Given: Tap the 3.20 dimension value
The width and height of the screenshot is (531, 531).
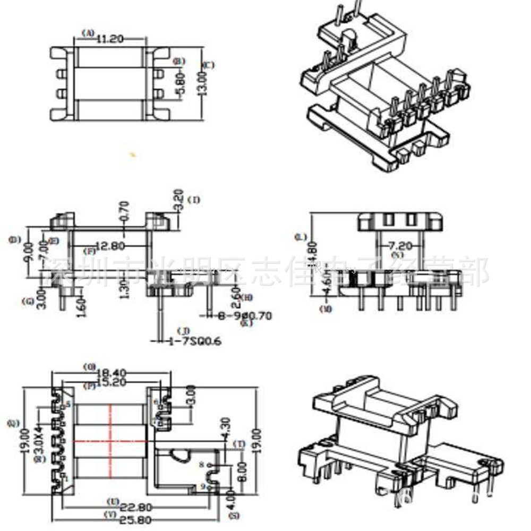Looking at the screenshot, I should click(179, 200).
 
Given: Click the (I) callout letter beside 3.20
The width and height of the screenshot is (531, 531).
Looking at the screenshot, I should click(195, 200).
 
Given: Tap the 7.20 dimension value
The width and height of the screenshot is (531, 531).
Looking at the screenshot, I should click(400, 245).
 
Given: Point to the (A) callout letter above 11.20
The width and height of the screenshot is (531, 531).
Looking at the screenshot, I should click(88, 33).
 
